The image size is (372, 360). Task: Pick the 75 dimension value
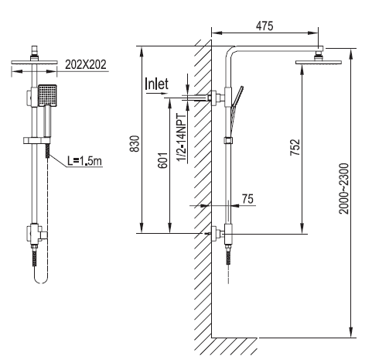pos(247,199)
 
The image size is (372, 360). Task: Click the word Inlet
pos(156,83)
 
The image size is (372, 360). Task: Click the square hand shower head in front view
pos(48,95)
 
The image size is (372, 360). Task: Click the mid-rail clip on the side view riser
pos(228,140)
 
